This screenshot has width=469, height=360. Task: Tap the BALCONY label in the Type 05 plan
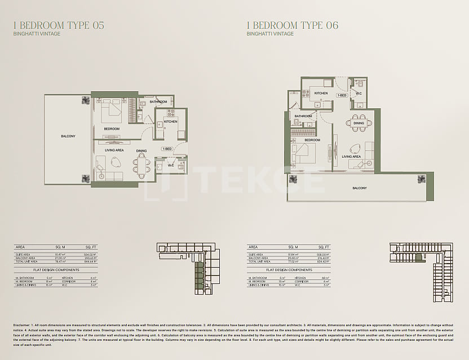68,136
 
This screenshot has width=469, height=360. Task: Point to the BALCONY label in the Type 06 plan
360,188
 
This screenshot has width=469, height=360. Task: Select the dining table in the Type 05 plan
141,164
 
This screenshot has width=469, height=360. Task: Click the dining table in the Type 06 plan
359,123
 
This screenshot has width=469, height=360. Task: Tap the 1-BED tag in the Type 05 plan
167,149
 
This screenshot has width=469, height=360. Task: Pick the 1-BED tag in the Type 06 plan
342,95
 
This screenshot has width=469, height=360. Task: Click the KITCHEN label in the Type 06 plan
321,93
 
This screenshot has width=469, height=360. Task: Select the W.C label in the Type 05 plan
170,165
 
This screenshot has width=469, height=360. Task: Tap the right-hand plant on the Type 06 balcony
421,179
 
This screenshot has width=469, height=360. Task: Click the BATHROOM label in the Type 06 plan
303,116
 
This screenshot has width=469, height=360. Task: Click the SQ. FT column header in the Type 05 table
91,247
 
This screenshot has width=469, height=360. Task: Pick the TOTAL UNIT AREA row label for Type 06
260,261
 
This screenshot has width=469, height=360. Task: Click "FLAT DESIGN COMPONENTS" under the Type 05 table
51,270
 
